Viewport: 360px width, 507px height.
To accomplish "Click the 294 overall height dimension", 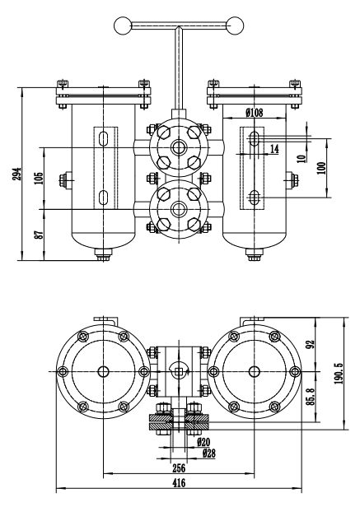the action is point(18,174).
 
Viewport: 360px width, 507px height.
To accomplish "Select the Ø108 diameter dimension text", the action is point(255,113).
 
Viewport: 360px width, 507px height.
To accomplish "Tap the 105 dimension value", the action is point(39,178).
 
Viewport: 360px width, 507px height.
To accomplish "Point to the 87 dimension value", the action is point(39,235).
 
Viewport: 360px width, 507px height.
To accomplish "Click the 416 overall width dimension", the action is point(179,483).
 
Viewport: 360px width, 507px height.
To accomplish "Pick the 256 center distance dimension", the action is point(179,467).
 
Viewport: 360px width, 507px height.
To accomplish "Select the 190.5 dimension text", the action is point(339,373).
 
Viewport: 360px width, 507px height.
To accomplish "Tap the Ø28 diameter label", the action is point(209,453).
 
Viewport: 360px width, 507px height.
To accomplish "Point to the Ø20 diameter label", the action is point(203,442).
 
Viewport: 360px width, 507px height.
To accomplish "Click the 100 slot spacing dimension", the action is point(321,168).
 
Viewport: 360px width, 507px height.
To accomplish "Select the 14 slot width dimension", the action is point(274,149).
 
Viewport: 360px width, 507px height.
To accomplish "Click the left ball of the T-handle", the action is point(123,26).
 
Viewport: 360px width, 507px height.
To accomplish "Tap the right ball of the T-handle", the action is point(235,26).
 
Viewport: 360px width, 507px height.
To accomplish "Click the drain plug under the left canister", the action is point(104,254).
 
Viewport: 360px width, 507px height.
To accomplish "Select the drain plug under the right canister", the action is point(255,254).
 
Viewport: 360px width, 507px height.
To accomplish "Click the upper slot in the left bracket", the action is point(104,138).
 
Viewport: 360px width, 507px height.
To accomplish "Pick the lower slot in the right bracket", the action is point(255,198).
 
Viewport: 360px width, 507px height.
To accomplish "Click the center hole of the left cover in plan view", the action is point(104,371).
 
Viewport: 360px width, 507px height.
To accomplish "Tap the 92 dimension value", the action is point(311,345).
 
